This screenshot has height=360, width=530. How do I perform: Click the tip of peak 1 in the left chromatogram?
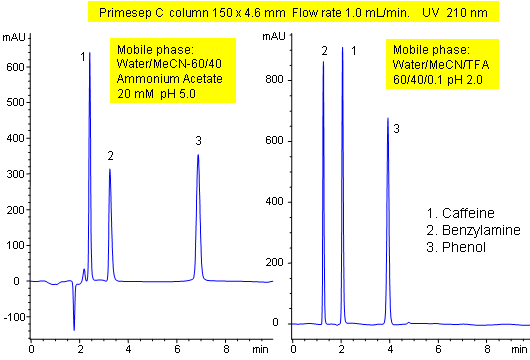pos(90,53)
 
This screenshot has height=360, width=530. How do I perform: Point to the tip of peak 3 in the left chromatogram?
pos(198,155)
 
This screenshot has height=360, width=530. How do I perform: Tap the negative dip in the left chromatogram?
pos(74,329)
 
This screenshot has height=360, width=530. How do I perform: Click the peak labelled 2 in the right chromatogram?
pos(324,62)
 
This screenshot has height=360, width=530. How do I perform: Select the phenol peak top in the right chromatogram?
pos(388,119)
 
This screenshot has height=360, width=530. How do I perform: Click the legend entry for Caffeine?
pos(458,214)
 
